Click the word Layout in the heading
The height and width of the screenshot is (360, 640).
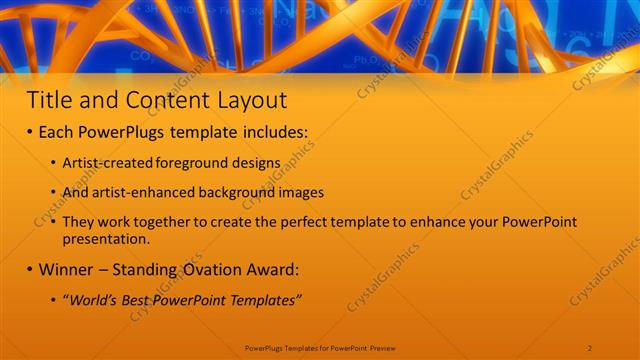pyautogui.click(x=252, y=100)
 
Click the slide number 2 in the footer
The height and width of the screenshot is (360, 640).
pyautogui.click(x=591, y=346)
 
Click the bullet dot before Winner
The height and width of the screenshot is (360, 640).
pyautogui.click(x=31, y=269)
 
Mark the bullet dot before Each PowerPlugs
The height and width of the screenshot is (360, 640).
pyautogui.click(x=31, y=132)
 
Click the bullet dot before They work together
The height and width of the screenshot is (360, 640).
pyautogui.click(x=54, y=222)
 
